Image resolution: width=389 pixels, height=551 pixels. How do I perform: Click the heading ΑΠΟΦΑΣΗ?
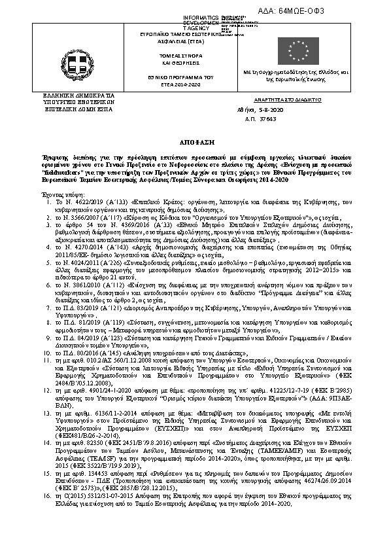coord(194,141)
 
